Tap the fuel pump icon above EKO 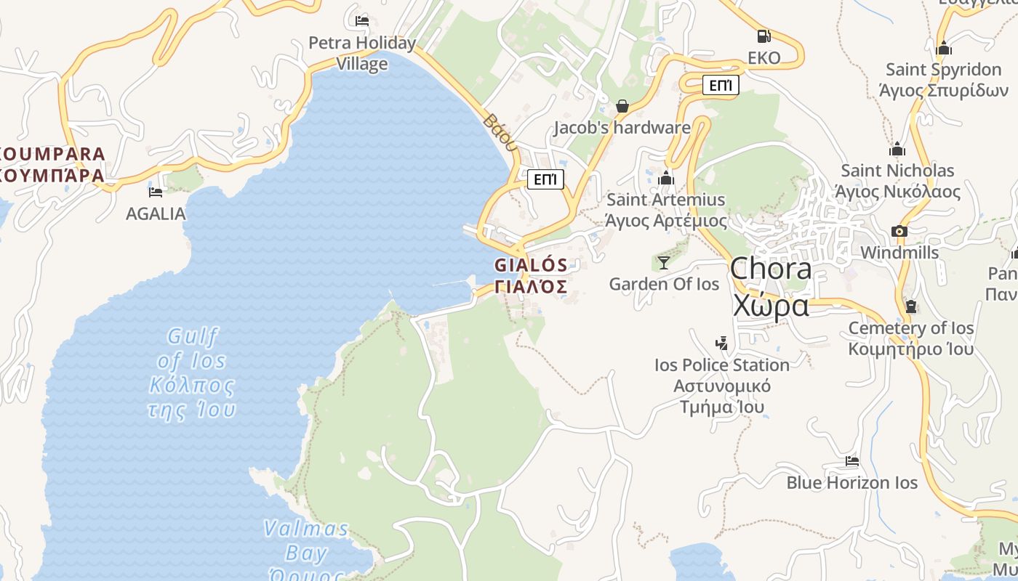(763, 36)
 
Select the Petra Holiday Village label (362, 53)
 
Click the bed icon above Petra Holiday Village (362, 20)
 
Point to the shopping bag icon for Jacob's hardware (622, 107)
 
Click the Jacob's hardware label (622, 128)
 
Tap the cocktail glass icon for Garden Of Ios (663, 262)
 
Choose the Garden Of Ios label (664, 284)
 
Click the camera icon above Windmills (899, 232)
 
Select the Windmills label (899, 253)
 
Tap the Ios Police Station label (721, 386)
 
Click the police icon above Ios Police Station (721, 343)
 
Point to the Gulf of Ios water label (192, 373)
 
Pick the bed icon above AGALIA (156, 192)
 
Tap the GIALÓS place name (531, 275)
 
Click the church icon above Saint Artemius (666, 179)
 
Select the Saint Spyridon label (943, 80)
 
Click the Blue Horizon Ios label (851, 483)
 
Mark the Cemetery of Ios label (910, 338)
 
